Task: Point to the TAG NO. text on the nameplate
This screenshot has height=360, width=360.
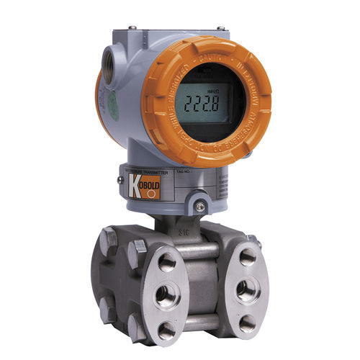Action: tap(186, 173)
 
